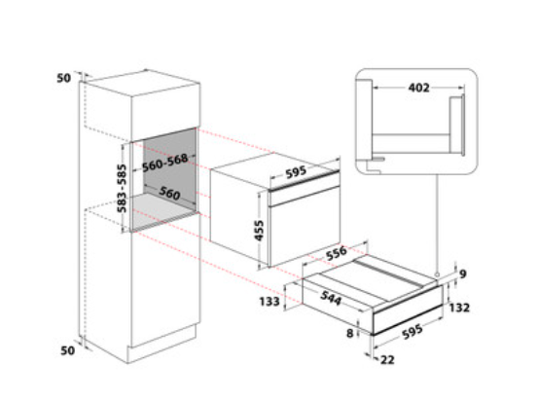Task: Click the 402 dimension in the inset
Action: click(x=418, y=88)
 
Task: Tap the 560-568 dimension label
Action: click(x=165, y=163)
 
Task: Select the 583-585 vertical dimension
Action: click(x=122, y=189)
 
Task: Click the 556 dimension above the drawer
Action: click(x=337, y=253)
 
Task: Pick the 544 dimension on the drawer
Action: click(x=331, y=298)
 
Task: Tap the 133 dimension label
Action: click(x=269, y=302)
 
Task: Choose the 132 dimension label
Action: click(x=459, y=308)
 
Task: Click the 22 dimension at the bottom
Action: click(x=387, y=360)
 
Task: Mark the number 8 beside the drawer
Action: click(x=349, y=333)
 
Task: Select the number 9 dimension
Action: click(x=462, y=274)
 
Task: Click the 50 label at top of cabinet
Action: click(x=63, y=78)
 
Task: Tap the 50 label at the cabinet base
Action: click(x=67, y=350)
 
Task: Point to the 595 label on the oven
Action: click(x=296, y=172)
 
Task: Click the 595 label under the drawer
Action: click(x=412, y=332)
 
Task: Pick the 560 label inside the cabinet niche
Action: click(x=169, y=194)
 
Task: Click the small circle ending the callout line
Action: click(x=437, y=274)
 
